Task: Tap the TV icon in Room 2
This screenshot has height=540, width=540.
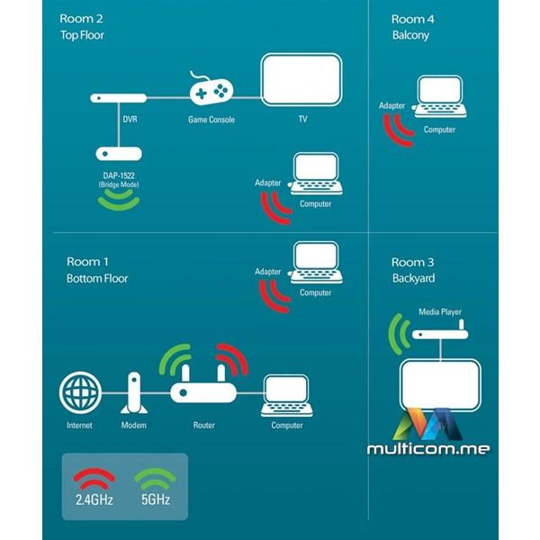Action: [301, 81]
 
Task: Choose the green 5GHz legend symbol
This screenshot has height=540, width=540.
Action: [152, 476]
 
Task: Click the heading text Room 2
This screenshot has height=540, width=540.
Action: [81, 18]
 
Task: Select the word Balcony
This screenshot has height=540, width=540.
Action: [410, 35]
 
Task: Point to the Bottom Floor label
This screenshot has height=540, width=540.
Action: [97, 278]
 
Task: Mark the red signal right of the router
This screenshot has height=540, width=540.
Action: [232, 360]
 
